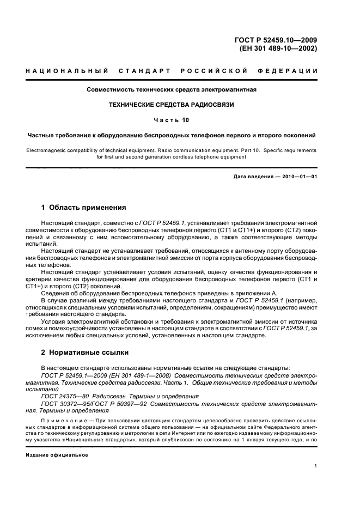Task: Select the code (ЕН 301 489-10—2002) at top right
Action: click(278, 48)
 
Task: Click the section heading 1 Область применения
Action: click(84, 208)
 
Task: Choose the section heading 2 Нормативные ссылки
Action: click(86, 354)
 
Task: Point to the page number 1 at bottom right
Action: click(316, 466)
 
